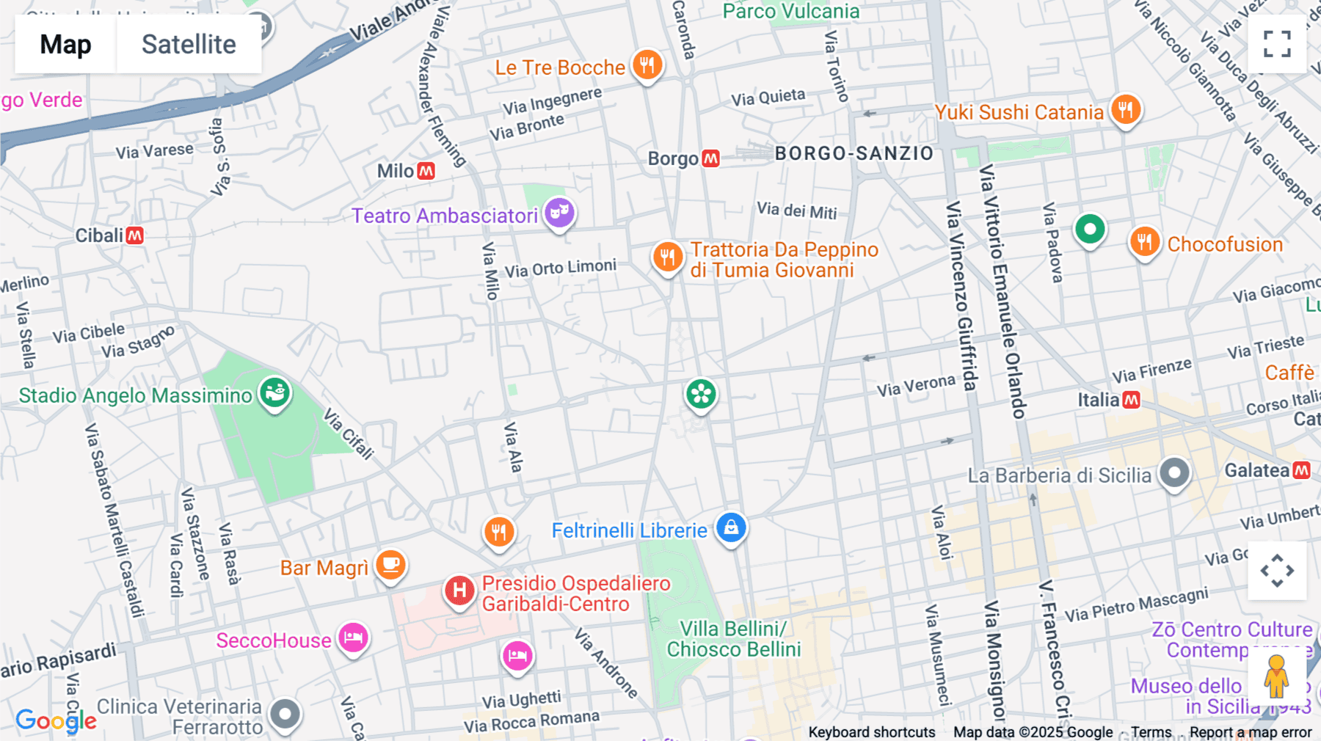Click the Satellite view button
tap(189, 45)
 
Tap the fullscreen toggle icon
tap(1277, 44)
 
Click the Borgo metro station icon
tap(710, 158)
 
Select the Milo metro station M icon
tap(426, 171)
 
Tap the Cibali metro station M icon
tap(134, 236)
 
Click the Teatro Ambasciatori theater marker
tap(559, 213)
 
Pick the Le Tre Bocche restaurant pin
tap(647, 65)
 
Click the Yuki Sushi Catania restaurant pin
tap(1125, 110)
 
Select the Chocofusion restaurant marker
tap(1144, 241)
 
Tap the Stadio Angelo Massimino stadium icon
tap(275, 393)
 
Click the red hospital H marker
tap(459, 590)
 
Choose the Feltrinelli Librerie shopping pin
tap(731, 528)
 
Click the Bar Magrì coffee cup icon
tap(390, 565)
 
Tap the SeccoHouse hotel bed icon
tap(353, 638)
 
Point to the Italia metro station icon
tap(1132, 400)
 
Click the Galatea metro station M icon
tap(1302, 470)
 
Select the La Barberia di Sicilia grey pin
tap(1174, 473)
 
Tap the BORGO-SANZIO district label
tap(854, 153)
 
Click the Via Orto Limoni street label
tap(561, 269)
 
